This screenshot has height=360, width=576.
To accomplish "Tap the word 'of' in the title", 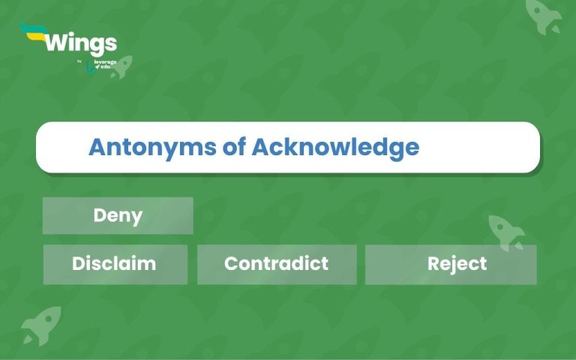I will tap(235, 147).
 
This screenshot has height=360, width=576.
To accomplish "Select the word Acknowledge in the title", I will tap(335, 148).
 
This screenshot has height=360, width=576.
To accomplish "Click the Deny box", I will tap(118, 216).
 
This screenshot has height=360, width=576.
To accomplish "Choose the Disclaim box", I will tap(115, 264).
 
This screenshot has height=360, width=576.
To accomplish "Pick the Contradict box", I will tap(277, 264).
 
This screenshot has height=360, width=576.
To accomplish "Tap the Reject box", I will tap(451, 265).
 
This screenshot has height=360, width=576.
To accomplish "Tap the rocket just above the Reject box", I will tap(506, 231).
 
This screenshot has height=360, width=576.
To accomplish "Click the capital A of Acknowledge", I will tap(259, 147).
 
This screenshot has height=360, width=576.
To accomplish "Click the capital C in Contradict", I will tap(231, 264).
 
